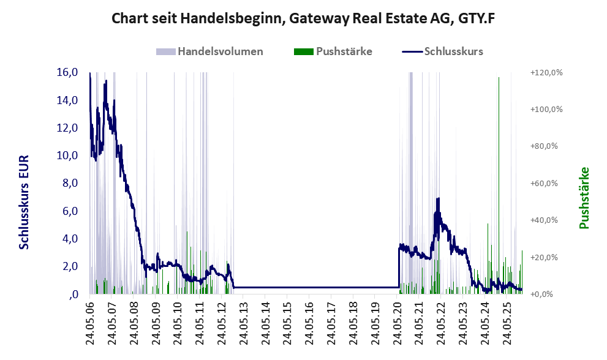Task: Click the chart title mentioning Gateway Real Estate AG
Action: tap(303, 19)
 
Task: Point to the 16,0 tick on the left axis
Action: tap(66, 72)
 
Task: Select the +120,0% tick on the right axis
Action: tap(546, 72)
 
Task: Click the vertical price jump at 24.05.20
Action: tap(399, 266)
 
